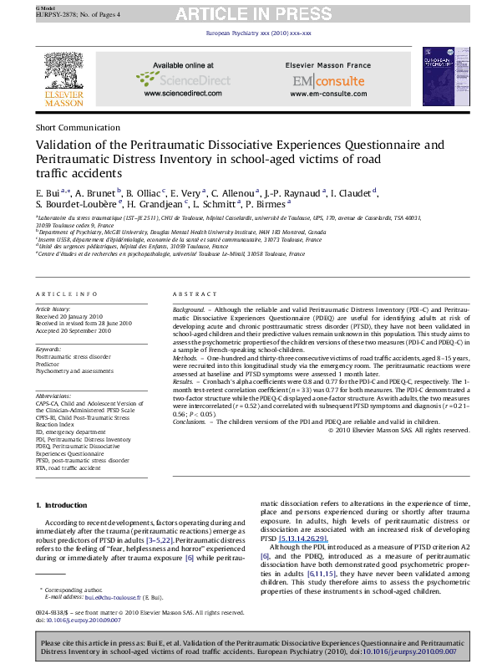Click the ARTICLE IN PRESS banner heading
click(248, 13)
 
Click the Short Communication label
click(70, 127)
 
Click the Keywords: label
click(49, 349)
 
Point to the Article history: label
click(54, 308)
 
